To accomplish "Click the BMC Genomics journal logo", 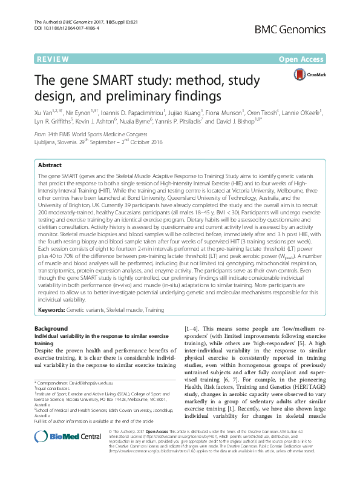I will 315,28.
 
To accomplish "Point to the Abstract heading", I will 50,165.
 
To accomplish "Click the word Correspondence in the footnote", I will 51,383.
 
